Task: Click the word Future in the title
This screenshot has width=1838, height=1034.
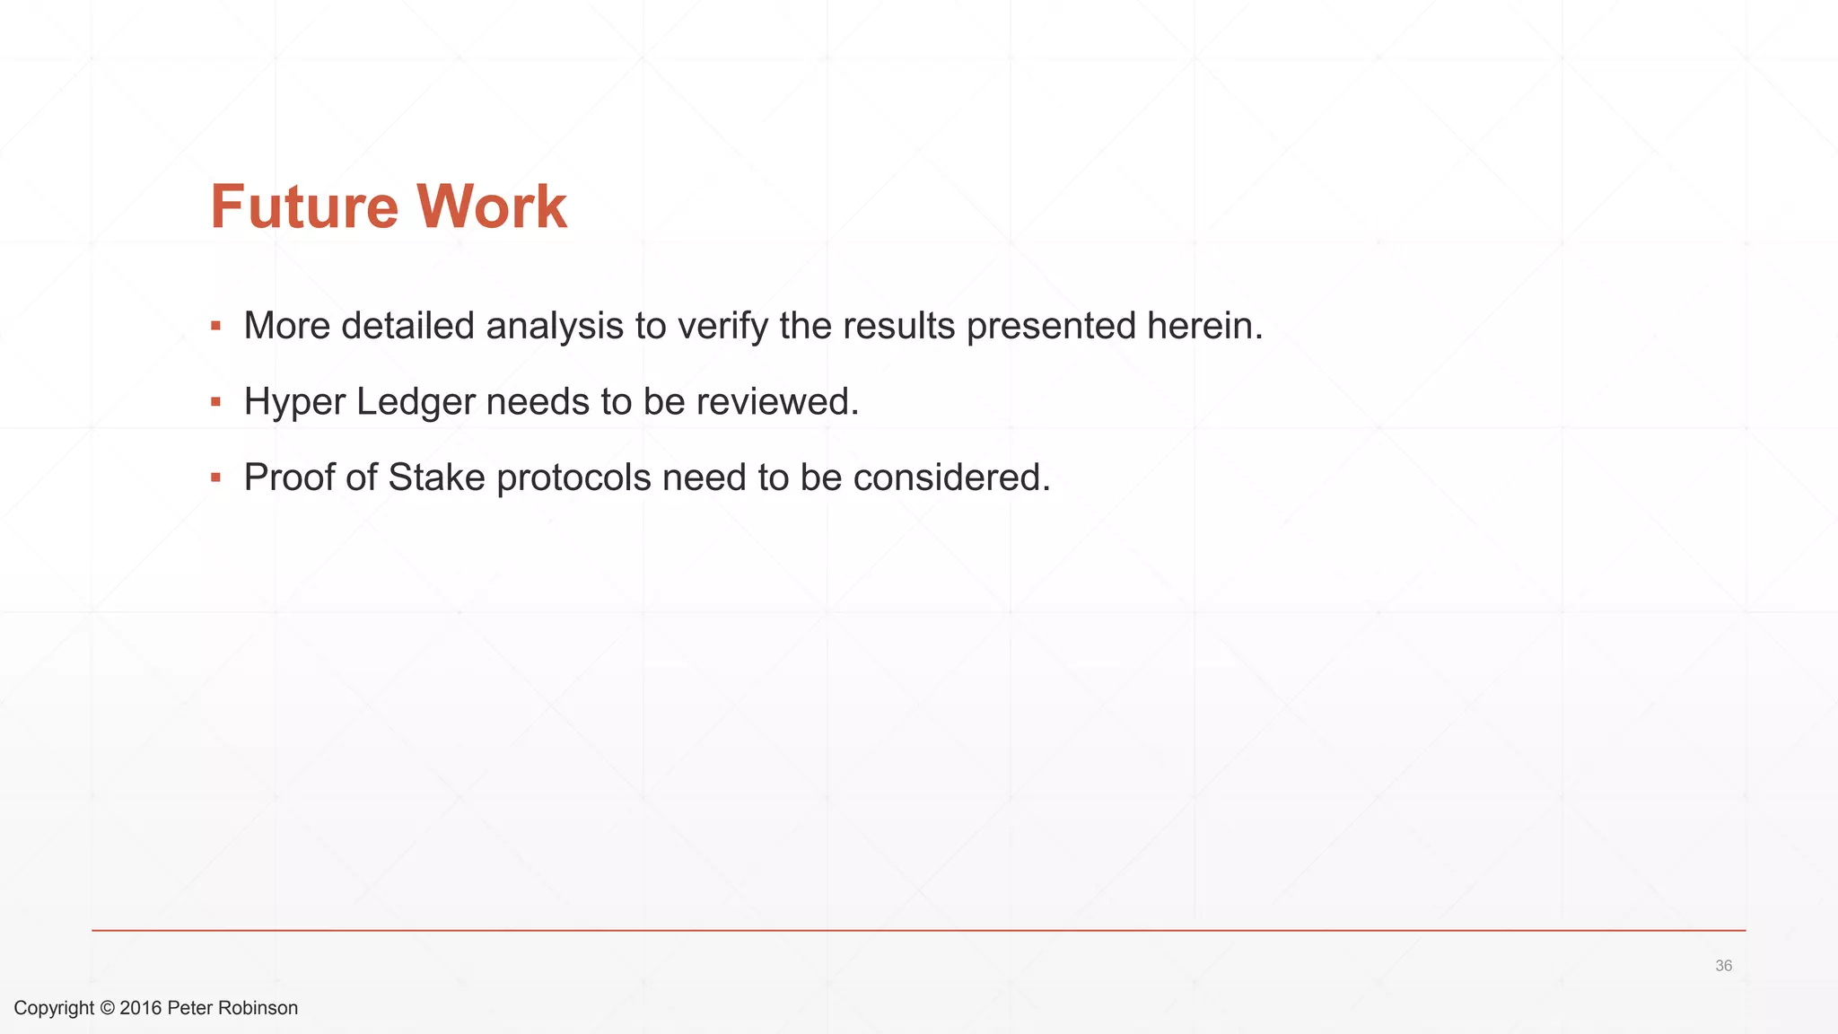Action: pos(303,207)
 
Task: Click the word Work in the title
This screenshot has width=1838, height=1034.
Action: pos(491,207)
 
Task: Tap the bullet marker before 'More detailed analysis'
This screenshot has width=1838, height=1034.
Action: pos(215,326)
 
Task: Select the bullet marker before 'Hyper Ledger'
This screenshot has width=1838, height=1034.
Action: pos(215,401)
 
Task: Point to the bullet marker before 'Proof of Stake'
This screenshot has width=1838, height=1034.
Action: pos(215,477)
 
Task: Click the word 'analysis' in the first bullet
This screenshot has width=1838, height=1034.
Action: pos(555,326)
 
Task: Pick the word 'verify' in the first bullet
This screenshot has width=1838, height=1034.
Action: pos(722,326)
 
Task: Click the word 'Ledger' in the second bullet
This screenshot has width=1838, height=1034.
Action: pos(416,401)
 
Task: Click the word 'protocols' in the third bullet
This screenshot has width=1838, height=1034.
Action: pos(573,477)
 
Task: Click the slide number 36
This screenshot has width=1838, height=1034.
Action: pos(1723,966)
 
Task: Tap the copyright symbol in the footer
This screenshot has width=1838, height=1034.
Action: pos(107,1008)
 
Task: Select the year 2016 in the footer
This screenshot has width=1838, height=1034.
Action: pos(141,1008)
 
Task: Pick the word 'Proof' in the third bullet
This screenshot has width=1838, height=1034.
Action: pos(289,477)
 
